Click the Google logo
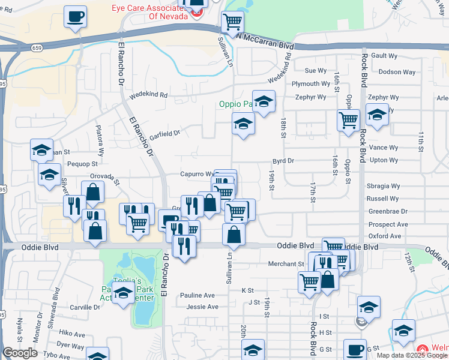tap(20, 353)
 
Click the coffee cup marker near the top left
tap(76, 17)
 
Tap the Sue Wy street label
tap(316, 71)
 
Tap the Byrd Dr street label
tap(283, 161)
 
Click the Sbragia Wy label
tap(383, 186)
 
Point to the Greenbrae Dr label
tap(387, 211)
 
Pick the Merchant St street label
tap(286, 263)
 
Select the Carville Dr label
tap(85, 307)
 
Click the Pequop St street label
tap(83, 163)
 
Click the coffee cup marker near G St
tap(355, 349)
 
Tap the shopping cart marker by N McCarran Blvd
tap(232, 23)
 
